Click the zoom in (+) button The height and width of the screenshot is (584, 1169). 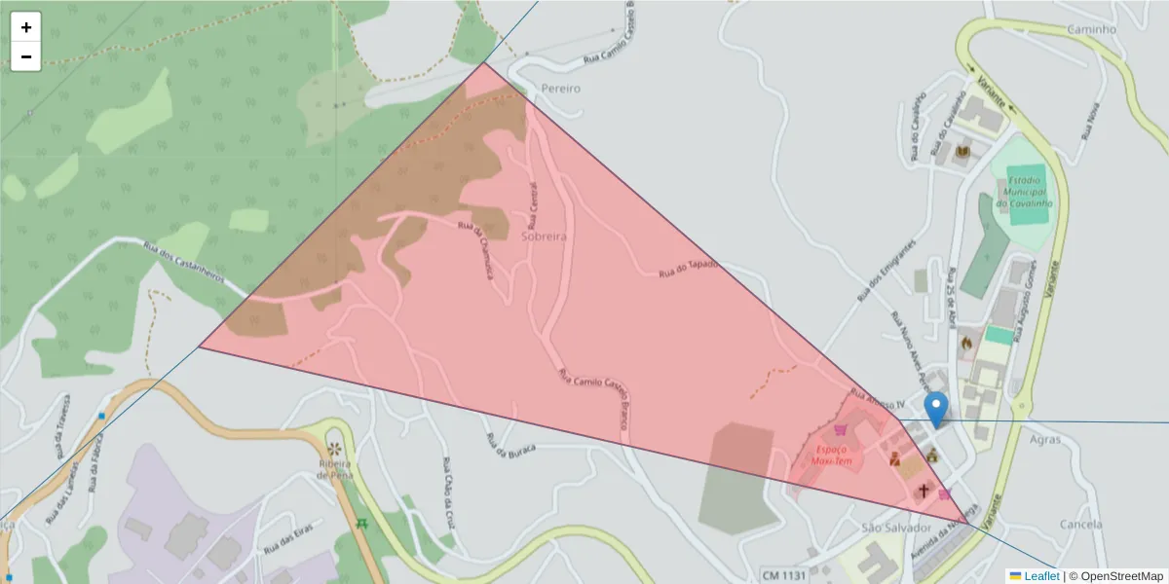(x=26, y=27)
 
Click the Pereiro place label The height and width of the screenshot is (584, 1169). (x=560, y=88)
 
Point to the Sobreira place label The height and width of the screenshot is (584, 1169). (x=544, y=236)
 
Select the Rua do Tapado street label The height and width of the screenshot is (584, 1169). (x=688, y=269)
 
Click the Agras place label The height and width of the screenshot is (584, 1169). (x=1044, y=439)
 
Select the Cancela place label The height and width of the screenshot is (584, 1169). (x=1079, y=524)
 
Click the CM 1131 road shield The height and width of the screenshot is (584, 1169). (x=784, y=575)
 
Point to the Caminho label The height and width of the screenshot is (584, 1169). (x=1091, y=29)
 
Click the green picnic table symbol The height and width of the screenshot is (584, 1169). (x=362, y=524)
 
